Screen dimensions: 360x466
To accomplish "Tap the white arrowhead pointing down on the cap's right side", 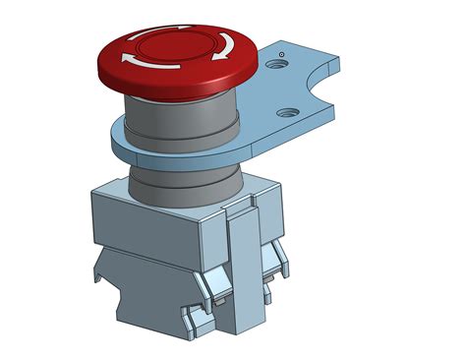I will (226, 48).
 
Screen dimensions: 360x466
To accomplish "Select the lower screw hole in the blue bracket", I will (289, 111).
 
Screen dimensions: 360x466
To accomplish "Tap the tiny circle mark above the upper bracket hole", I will (282, 52).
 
